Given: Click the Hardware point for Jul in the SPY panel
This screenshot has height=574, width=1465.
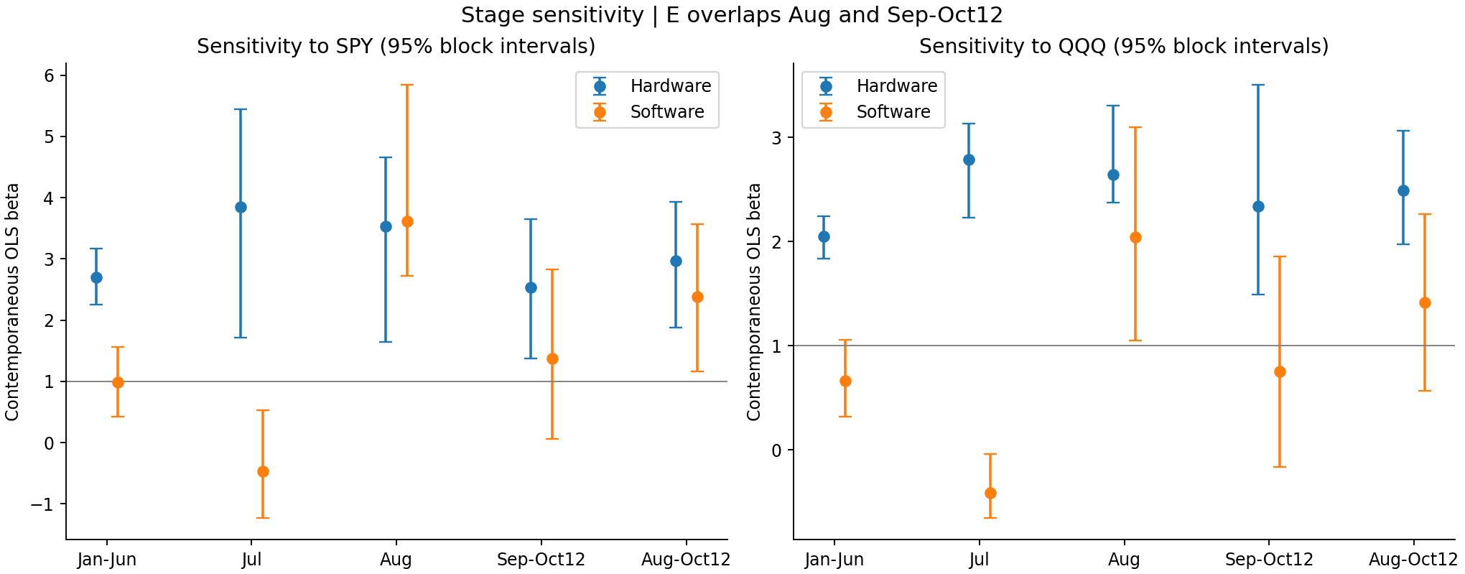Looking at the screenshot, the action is pos(241,207).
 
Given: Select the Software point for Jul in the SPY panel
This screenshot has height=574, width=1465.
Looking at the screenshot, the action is pos(263,471).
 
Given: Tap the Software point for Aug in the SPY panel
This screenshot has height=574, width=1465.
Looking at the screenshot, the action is pos(407,221).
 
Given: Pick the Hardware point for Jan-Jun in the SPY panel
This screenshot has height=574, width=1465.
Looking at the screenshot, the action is pos(96,277).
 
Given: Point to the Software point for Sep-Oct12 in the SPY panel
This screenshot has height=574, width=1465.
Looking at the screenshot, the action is pos(552,358).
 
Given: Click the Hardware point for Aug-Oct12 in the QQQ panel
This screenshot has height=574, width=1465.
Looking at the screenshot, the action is pos(1403,190).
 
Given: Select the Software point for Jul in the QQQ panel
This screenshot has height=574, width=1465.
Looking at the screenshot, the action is pos(990,493).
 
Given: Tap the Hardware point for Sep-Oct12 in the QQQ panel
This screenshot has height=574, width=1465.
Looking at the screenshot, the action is pos(1258,206).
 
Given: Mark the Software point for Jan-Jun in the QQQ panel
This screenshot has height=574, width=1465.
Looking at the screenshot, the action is pos(845,381).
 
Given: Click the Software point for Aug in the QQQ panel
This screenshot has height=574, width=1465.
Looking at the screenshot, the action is pos(1135,237).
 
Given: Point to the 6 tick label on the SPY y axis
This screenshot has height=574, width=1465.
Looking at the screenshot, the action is pos(50,75).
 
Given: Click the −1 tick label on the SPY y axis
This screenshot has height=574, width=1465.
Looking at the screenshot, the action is pos(42,504).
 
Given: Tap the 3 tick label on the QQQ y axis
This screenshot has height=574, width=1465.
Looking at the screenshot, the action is pos(778,138).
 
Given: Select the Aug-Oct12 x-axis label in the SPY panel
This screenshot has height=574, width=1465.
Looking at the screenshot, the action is pos(686,560).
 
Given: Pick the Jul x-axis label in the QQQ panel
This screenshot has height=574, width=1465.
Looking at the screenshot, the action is pos(979,560).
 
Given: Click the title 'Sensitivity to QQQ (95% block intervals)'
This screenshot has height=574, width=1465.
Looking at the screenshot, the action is pos(1124,47).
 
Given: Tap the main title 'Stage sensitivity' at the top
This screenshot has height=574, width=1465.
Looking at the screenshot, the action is pos(553,15).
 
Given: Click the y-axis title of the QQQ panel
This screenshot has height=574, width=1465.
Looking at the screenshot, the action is pos(754,302).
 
